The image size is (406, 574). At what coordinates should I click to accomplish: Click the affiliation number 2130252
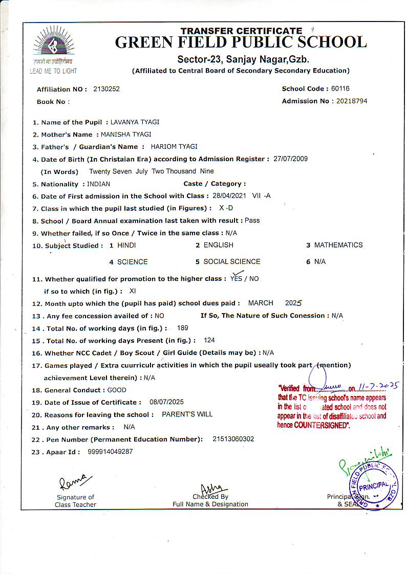click(x=106, y=89)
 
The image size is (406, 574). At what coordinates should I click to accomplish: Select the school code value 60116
click(x=340, y=89)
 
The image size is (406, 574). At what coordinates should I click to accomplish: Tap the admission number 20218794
click(x=352, y=101)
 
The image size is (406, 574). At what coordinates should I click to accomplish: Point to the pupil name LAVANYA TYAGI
click(x=135, y=122)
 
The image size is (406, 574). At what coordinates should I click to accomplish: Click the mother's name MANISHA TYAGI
click(x=126, y=135)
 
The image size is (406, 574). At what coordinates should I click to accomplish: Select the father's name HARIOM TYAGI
click(x=174, y=147)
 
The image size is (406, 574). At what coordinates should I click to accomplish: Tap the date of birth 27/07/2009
click(x=291, y=159)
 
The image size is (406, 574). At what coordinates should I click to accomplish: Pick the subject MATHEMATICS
click(x=338, y=245)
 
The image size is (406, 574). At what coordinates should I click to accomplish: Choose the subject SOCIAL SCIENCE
click(x=232, y=261)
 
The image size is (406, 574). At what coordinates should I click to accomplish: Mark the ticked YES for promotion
click(x=236, y=278)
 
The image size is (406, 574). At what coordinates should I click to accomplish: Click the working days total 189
click(x=182, y=327)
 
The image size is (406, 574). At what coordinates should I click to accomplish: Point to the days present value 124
click(x=209, y=340)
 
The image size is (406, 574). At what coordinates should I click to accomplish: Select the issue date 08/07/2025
click(x=166, y=402)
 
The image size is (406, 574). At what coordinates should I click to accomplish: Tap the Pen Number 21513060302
click(x=233, y=439)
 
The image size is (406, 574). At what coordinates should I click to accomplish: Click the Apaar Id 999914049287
click(x=110, y=452)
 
